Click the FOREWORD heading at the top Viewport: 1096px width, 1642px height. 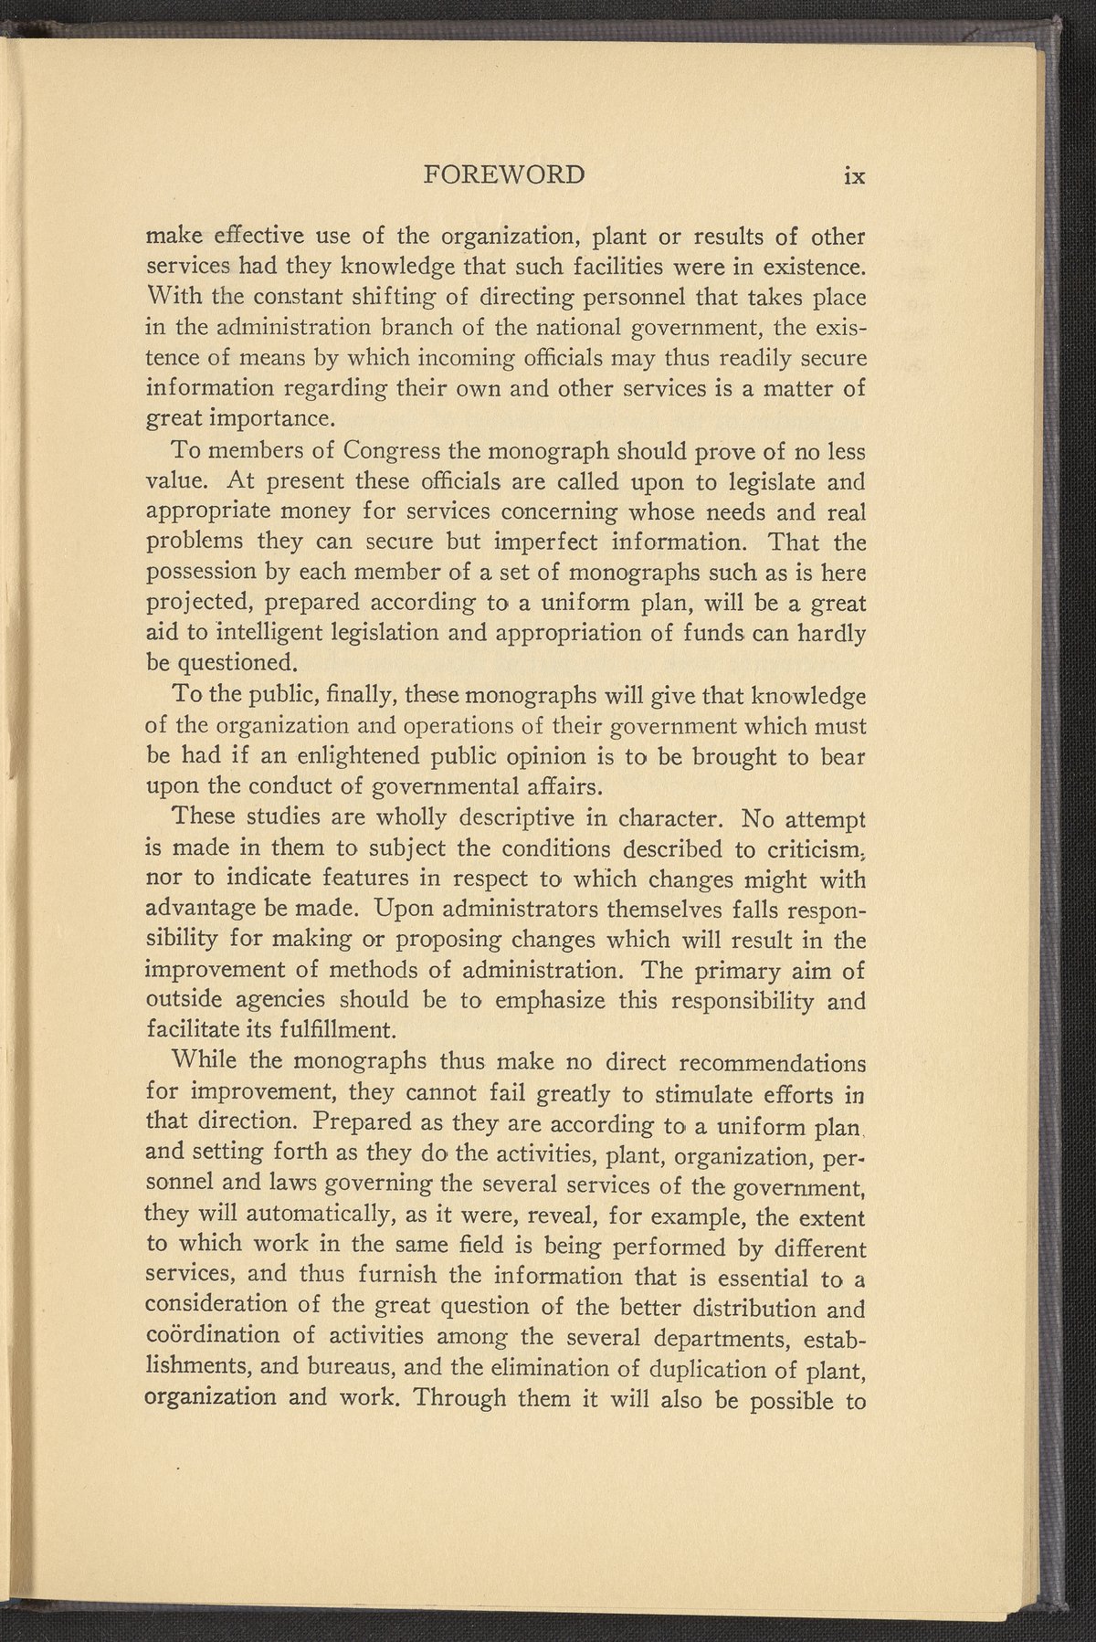(505, 175)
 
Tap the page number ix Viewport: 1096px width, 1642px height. (854, 175)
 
